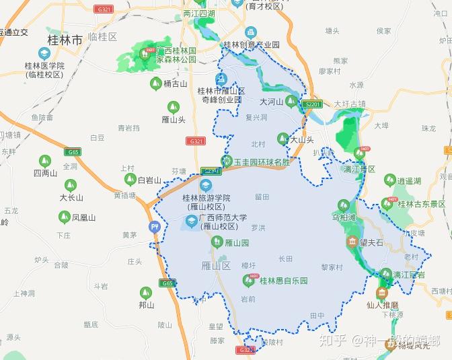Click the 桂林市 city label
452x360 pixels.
tap(65, 40)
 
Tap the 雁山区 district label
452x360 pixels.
tap(216, 266)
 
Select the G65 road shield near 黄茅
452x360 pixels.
tap(167, 283)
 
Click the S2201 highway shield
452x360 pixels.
tap(313, 104)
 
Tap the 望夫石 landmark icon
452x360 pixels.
tap(352, 242)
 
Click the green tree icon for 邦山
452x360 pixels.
tap(146, 292)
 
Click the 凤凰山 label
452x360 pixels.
tap(83, 217)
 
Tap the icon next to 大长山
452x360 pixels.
tap(71, 185)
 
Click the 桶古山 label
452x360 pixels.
tap(176, 83)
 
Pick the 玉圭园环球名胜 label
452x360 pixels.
tap(262, 162)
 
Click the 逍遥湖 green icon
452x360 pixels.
tap(390, 180)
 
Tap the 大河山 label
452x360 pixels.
tap(271, 102)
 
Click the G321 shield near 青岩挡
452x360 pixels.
tap(195, 141)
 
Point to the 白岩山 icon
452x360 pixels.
tap(130, 180)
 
